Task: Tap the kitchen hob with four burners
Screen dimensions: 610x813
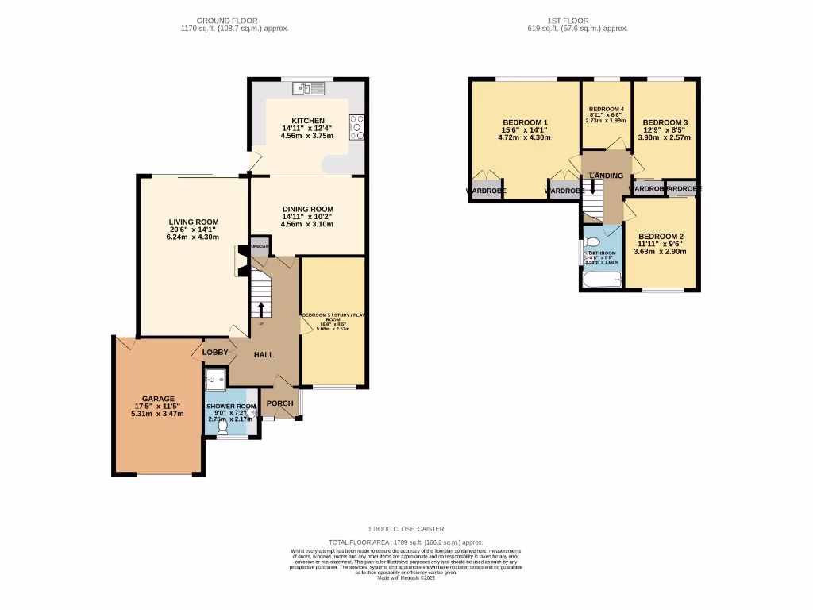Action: click(356, 127)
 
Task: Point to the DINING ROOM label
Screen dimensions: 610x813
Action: click(306, 210)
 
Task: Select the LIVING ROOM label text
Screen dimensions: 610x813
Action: click(193, 222)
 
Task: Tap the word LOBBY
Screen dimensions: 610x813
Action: click(215, 352)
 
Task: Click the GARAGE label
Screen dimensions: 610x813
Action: click(158, 399)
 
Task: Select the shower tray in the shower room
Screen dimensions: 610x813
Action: click(214, 380)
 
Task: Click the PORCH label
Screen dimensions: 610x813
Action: click(279, 403)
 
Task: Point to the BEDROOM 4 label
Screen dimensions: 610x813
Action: click(606, 109)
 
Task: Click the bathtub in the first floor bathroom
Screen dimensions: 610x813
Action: click(601, 279)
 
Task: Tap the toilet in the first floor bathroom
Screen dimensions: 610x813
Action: click(591, 243)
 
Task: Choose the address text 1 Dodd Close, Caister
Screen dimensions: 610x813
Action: click(406, 529)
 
